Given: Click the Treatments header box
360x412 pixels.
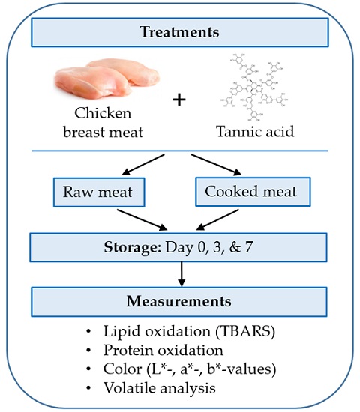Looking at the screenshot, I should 179,32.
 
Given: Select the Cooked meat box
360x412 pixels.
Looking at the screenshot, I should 252,192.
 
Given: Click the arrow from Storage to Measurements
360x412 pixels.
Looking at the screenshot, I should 179,275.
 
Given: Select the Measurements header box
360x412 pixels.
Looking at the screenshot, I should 179,303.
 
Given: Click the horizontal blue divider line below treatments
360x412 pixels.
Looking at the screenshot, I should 179,151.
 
